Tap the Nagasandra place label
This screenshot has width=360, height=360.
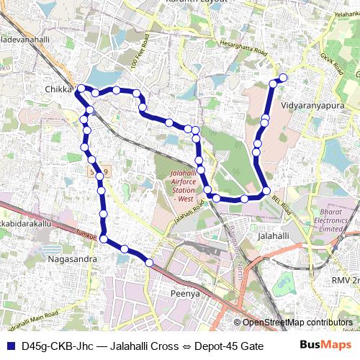pyautogui.click(x=72, y=258)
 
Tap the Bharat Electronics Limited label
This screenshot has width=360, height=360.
pyautogui.click(x=331, y=219)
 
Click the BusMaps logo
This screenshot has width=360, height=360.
pyautogui.click(x=322, y=345)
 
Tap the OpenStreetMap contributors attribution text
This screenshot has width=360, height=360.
pyautogui.click(x=297, y=323)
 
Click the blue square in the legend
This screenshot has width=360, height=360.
pyautogui.click(x=10, y=346)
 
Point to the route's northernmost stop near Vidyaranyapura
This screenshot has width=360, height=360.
pyautogui.click(x=283, y=78)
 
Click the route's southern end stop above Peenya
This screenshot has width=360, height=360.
pyautogui.click(x=149, y=263)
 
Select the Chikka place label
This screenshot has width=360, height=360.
pyautogui.click(x=59, y=89)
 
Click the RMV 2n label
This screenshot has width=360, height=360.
pyautogui.click(x=346, y=279)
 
